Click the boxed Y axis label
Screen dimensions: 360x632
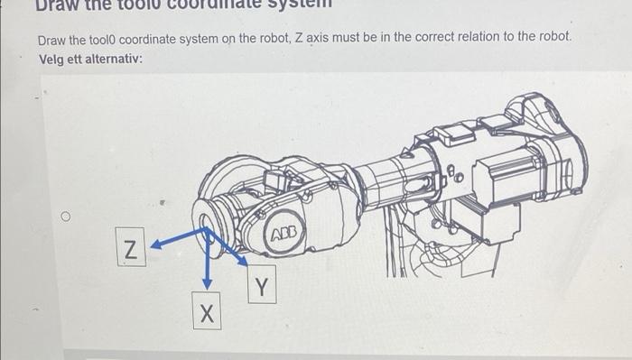(x=260, y=286)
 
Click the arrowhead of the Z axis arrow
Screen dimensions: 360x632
(x=154, y=244)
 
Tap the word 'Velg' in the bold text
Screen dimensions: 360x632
(x=52, y=58)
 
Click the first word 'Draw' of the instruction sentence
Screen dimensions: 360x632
(x=51, y=40)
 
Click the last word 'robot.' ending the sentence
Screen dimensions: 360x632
(x=554, y=40)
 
